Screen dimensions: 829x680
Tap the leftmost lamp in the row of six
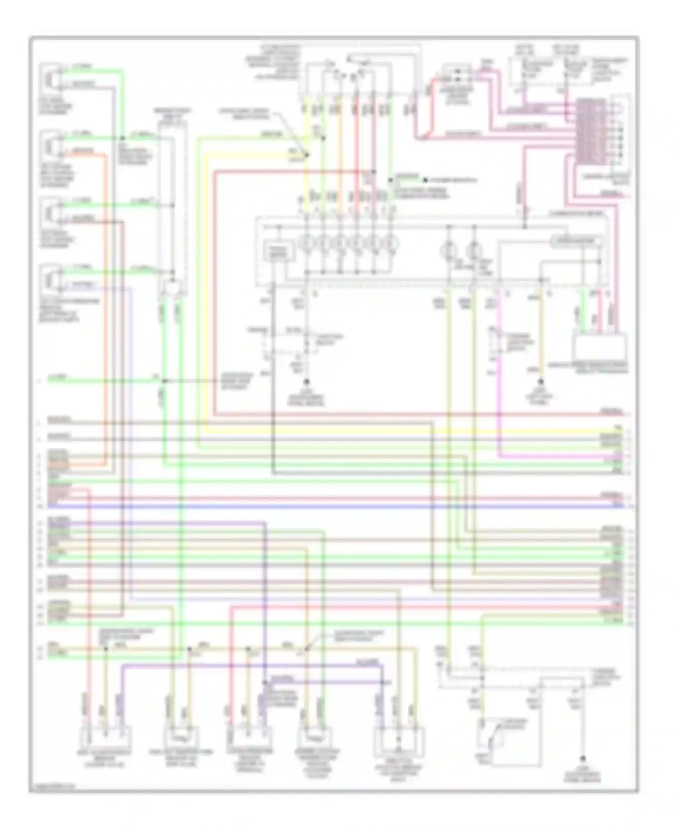[306, 244]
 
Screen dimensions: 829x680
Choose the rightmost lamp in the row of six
[391, 244]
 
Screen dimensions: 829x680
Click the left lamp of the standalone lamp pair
[449, 249]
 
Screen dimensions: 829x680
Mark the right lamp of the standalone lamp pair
[473, 249]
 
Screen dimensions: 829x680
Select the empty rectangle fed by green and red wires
[600, 346]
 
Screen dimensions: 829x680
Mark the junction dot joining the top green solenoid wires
[122, 137]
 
